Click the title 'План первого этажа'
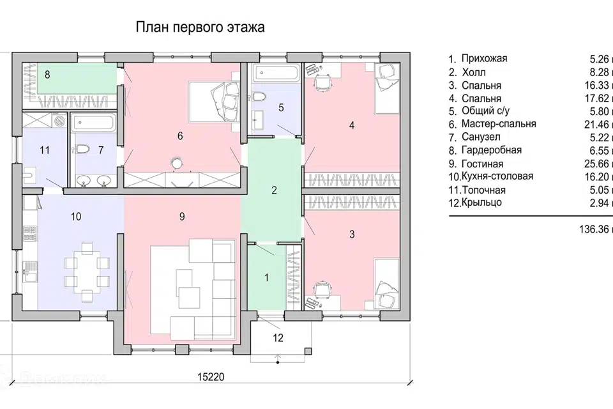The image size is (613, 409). pyautogui.click(x=199, y=28)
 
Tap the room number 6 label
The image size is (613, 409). pyautogui.click(x=180, y=135)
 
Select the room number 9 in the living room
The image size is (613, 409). pyautogui.click(x=182, y=217)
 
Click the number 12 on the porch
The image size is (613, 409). pyautogui.click(x=278, y=338)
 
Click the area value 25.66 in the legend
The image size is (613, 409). pyautogui.click(x=598, y=164)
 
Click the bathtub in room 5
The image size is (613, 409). pyautogui.click(x=276, y=72)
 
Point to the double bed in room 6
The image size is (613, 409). pyautogui.click(x=215, y=100)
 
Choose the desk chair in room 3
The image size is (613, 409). pyautogui.click(x=320, y=289)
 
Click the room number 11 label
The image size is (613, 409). pyautogui.click(x=44, y=151)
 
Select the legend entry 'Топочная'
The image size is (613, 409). pyautogui.click(x=486, y=190)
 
